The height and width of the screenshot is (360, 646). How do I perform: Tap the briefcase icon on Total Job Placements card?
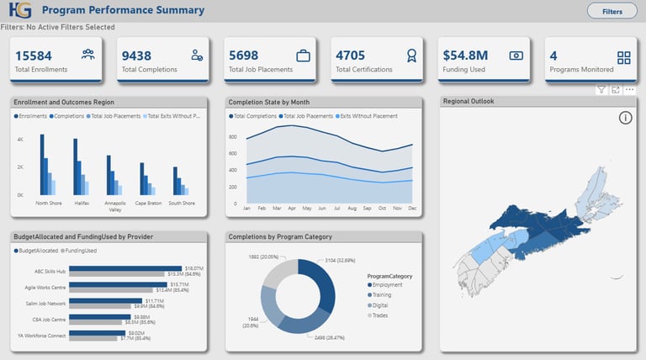303,56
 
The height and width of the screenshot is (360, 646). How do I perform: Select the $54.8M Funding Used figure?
465,56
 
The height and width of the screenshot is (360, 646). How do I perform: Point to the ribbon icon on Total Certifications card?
410,56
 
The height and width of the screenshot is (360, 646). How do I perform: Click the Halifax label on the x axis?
82,203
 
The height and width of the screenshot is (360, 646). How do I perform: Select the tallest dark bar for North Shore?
41,164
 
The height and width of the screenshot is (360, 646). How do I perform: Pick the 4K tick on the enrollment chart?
19,139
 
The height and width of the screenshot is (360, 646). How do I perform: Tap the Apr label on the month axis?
292,207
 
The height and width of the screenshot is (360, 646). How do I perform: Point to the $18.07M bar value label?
195,267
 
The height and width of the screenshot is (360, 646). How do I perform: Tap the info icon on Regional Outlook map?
625,118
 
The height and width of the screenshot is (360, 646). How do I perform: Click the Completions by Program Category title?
281,237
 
